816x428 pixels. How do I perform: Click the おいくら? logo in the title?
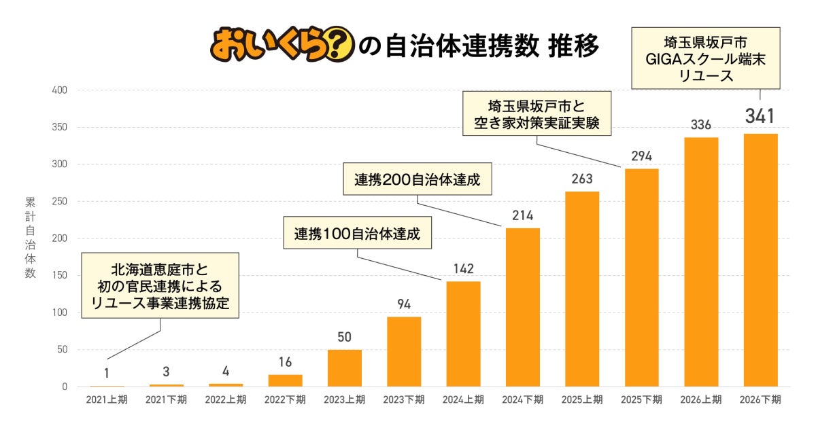coord(282,44)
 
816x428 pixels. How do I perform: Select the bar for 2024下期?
coord(523,308)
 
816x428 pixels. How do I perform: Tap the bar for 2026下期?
coord(761,260)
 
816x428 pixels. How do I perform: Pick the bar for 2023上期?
coord(345,368)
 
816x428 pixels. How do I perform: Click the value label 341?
coord(760,116)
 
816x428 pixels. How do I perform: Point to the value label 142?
coord(463,268)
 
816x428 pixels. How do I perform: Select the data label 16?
coord(285,362)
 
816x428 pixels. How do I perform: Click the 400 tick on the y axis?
coord(59,90)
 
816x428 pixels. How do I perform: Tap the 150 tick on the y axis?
coord(59,275)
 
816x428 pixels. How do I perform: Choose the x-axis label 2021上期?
coord(107,400)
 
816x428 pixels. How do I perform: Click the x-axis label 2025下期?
coord(641,400)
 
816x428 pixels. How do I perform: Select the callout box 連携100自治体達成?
coord(358,233)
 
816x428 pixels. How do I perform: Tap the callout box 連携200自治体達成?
coord(418,179)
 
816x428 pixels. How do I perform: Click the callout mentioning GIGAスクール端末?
coord(706,58)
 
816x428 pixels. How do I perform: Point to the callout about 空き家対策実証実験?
coord(537,113)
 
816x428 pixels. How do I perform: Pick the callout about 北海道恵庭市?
coord(160,286)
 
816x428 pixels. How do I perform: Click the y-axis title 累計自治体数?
coord(30,238)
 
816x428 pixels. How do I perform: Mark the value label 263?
coord(582,179)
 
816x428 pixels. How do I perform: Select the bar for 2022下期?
coord(285,380)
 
